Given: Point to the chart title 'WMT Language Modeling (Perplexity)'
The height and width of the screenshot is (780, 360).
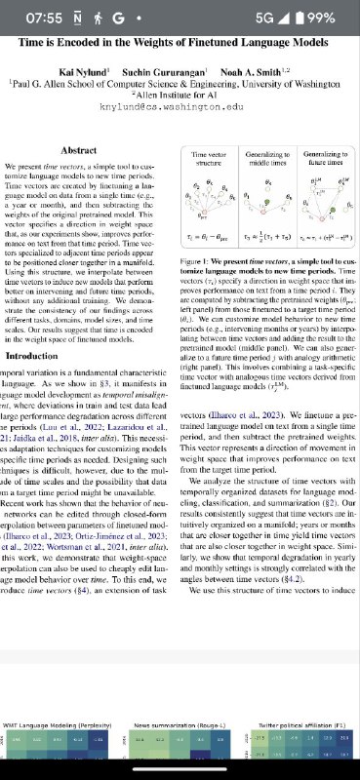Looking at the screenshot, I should point(56,728).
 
